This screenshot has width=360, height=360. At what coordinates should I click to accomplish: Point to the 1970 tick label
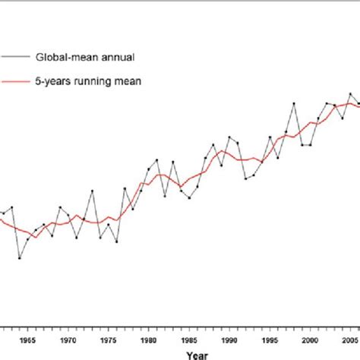(x=68, y=341)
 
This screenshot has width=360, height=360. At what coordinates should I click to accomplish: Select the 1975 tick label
(x=108, y=341)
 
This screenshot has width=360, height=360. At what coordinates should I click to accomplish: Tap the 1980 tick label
(x=148, y=341)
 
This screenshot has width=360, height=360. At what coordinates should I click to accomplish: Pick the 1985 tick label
(x=188, y=341)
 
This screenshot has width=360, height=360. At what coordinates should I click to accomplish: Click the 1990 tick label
(x=229, y=341)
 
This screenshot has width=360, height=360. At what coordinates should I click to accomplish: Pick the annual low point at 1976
(x=116, y=242)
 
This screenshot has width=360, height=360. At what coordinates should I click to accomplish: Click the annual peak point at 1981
(x=157, y=159)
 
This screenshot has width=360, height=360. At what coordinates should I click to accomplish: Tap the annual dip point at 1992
(x=245, y=178)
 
